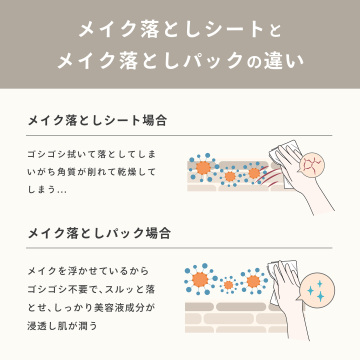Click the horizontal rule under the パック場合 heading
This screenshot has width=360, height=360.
point(179,249)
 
